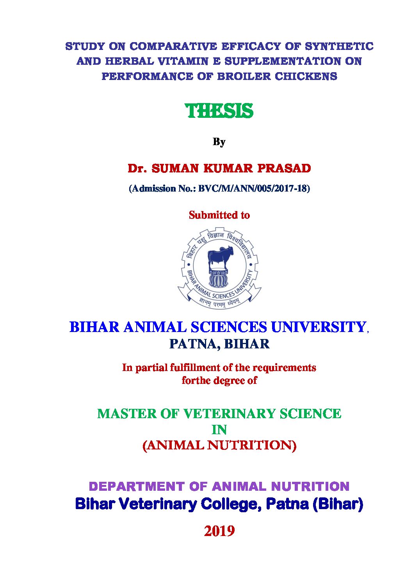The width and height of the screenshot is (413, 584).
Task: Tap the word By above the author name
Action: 219,142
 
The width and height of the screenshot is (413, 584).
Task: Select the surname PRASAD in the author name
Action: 284,169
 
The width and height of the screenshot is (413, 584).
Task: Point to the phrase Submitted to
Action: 219,215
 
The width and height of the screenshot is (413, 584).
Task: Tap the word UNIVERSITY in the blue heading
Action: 318,327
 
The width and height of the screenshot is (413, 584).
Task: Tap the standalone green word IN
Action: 219,430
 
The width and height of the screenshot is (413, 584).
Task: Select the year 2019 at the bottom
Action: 219,531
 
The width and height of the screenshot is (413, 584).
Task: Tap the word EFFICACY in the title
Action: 251,46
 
